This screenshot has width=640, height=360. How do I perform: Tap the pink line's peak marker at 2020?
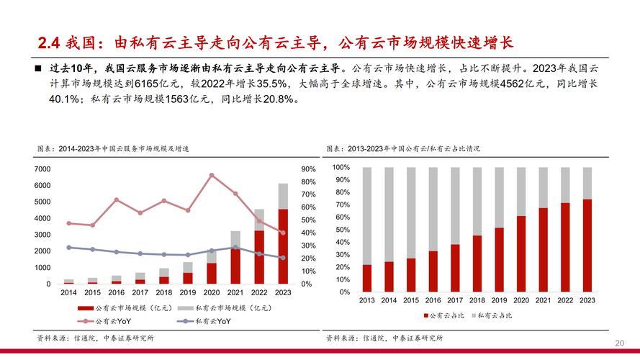click(x=212, y=175)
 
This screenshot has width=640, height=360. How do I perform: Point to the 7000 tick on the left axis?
click(x=42, y=168)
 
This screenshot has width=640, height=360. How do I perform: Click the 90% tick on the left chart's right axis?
click(x=308, y=168)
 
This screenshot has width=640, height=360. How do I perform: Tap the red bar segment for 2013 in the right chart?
click(x=367, y=278)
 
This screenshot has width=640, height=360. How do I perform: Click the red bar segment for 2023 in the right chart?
click(x=587, y=246)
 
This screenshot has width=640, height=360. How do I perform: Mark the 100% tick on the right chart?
click(x=341, y=167)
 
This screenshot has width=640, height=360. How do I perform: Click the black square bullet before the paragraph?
click(x=39, y=68)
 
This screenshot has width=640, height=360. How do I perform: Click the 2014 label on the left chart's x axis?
click(x=69, y=293)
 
